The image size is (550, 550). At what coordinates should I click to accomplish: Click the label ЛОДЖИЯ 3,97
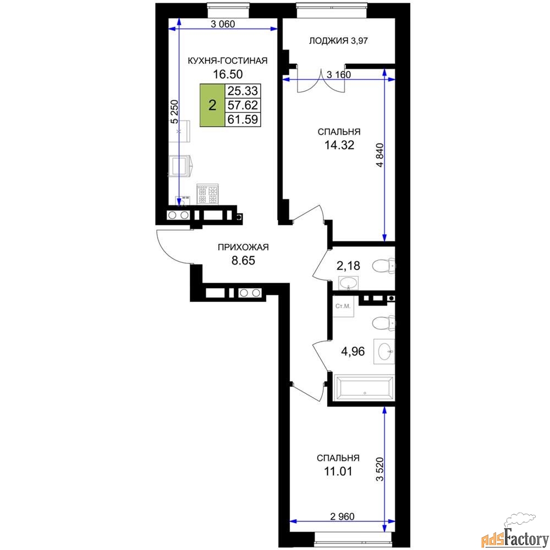[x=338, y=41]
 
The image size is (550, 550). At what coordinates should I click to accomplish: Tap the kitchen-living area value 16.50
[x=228, y=74]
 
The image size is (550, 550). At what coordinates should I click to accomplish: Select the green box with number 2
[x=212, y=105]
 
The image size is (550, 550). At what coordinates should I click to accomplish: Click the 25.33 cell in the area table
[x=243, y=91]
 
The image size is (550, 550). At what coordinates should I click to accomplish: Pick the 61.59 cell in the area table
[x=243, y=119]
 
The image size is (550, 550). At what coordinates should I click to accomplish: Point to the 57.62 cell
[x=243, y=105]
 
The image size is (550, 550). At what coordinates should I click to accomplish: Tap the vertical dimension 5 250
[x=174, y=112]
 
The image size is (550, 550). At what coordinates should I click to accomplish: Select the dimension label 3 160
[x=338, y=74]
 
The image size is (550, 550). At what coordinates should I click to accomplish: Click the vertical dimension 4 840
[x=380, y=155]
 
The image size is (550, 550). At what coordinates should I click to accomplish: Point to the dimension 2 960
[x=342, y=516]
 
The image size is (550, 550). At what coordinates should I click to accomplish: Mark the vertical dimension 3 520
[x=380, y=469]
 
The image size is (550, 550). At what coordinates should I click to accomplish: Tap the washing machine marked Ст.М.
[x=343, y=306]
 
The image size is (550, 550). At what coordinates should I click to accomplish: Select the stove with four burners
[x=207, y=194]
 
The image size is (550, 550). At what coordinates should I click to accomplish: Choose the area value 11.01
[x=338, y=471]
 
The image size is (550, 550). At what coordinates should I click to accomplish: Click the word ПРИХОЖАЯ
[x=243, y=247]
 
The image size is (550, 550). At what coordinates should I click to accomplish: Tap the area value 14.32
[x=339, y=145]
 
